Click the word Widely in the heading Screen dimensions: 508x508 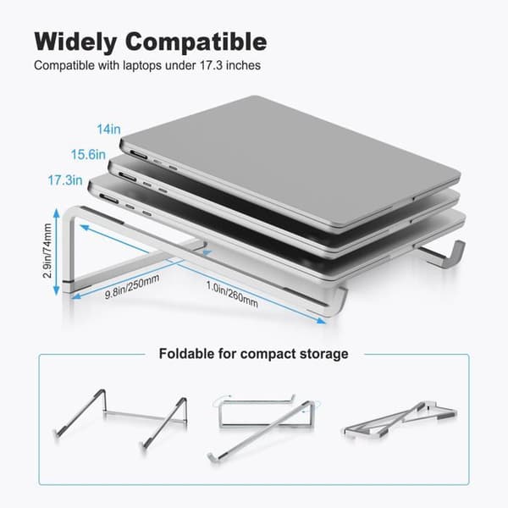click(x=75, y=41)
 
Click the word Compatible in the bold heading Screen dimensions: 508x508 click(x=196, y=41)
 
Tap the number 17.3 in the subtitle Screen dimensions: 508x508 click(x=211, y=65)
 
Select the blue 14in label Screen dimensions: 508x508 click(x=109, y=130)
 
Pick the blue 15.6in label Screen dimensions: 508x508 click(x=88, y=155)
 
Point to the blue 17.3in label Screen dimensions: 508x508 click(x=65, y=180)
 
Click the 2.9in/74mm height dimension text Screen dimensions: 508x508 click(x=47, y=251)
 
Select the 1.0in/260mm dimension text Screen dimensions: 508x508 click(x=232, y=294)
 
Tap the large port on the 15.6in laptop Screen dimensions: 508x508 click(x=127, y=177)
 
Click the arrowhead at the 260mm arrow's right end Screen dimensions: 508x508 click(x=321, y=321)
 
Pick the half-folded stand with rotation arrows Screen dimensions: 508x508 click(x=264, y=427)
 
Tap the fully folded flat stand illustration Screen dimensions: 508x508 click(x=400, y=420)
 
